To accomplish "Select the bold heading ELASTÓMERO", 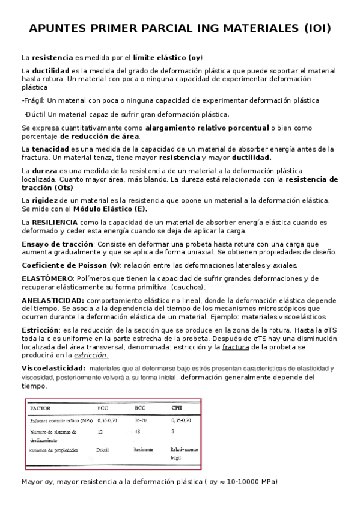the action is [x=47, y=278].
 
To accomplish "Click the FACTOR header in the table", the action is [x=41, y=408].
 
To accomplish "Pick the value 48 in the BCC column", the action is [x=138, y=431].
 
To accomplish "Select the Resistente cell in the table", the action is [x=144, y=449].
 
